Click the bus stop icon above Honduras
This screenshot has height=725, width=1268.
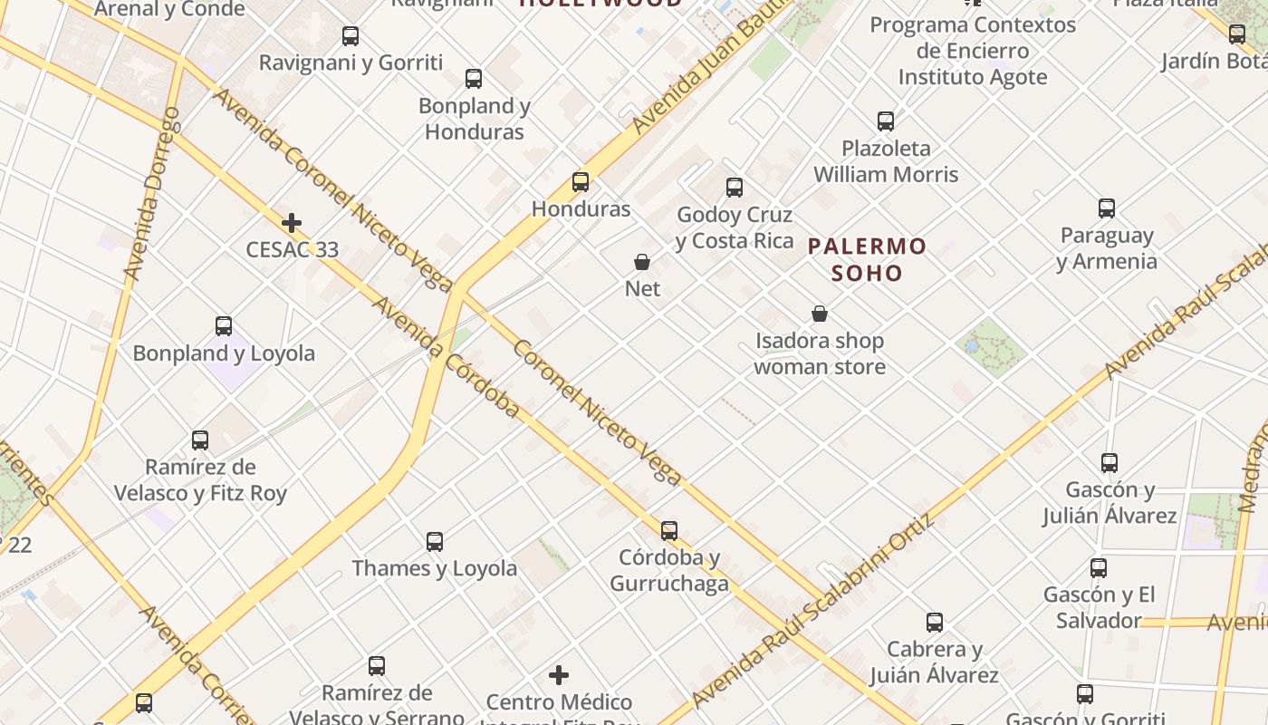581,182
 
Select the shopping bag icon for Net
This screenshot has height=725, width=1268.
642,263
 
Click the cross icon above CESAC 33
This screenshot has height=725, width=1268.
292,223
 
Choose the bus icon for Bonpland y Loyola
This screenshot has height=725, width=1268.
224,326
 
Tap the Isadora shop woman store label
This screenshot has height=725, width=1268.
820,353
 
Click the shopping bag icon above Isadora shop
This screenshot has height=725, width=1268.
820,314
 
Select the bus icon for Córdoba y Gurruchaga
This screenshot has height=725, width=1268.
669,531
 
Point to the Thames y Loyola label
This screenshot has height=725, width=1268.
435,568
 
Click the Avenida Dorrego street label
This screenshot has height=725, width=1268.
151,193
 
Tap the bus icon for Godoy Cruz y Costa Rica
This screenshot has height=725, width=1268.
735,188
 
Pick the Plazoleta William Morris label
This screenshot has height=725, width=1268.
886,161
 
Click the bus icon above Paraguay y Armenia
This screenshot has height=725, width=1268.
1107,208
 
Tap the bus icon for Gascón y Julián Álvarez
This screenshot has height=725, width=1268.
1109,463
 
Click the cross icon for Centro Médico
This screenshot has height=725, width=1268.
559,675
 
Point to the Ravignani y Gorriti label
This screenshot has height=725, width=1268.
351,63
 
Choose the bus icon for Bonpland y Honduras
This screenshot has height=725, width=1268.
474,79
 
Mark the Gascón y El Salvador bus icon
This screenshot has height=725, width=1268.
1099,568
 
